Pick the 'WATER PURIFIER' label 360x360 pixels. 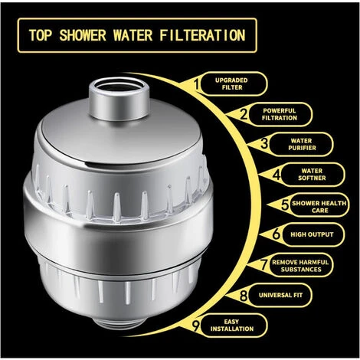point(301,143)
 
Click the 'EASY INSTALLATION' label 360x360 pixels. point(240,323)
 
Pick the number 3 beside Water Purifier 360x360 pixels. point(263,142)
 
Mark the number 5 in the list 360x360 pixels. point(283,205)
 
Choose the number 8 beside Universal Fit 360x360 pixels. point(243,293)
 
